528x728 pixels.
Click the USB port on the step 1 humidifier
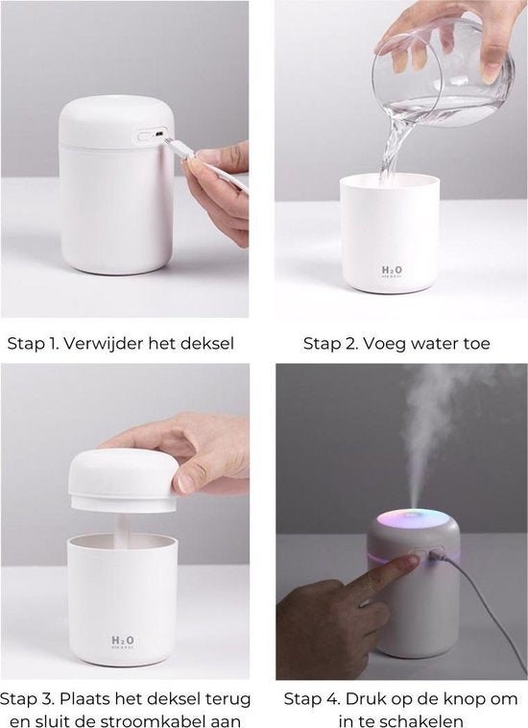click(x=159, y=134)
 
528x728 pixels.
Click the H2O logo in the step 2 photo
click(x=392, y=270)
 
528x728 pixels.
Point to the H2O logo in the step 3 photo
click(x=123, y=641)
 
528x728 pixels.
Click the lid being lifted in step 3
click(x=123, y=480)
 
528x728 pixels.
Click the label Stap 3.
click(x=28, y=699)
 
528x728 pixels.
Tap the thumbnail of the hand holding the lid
click(x=185, y=483)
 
